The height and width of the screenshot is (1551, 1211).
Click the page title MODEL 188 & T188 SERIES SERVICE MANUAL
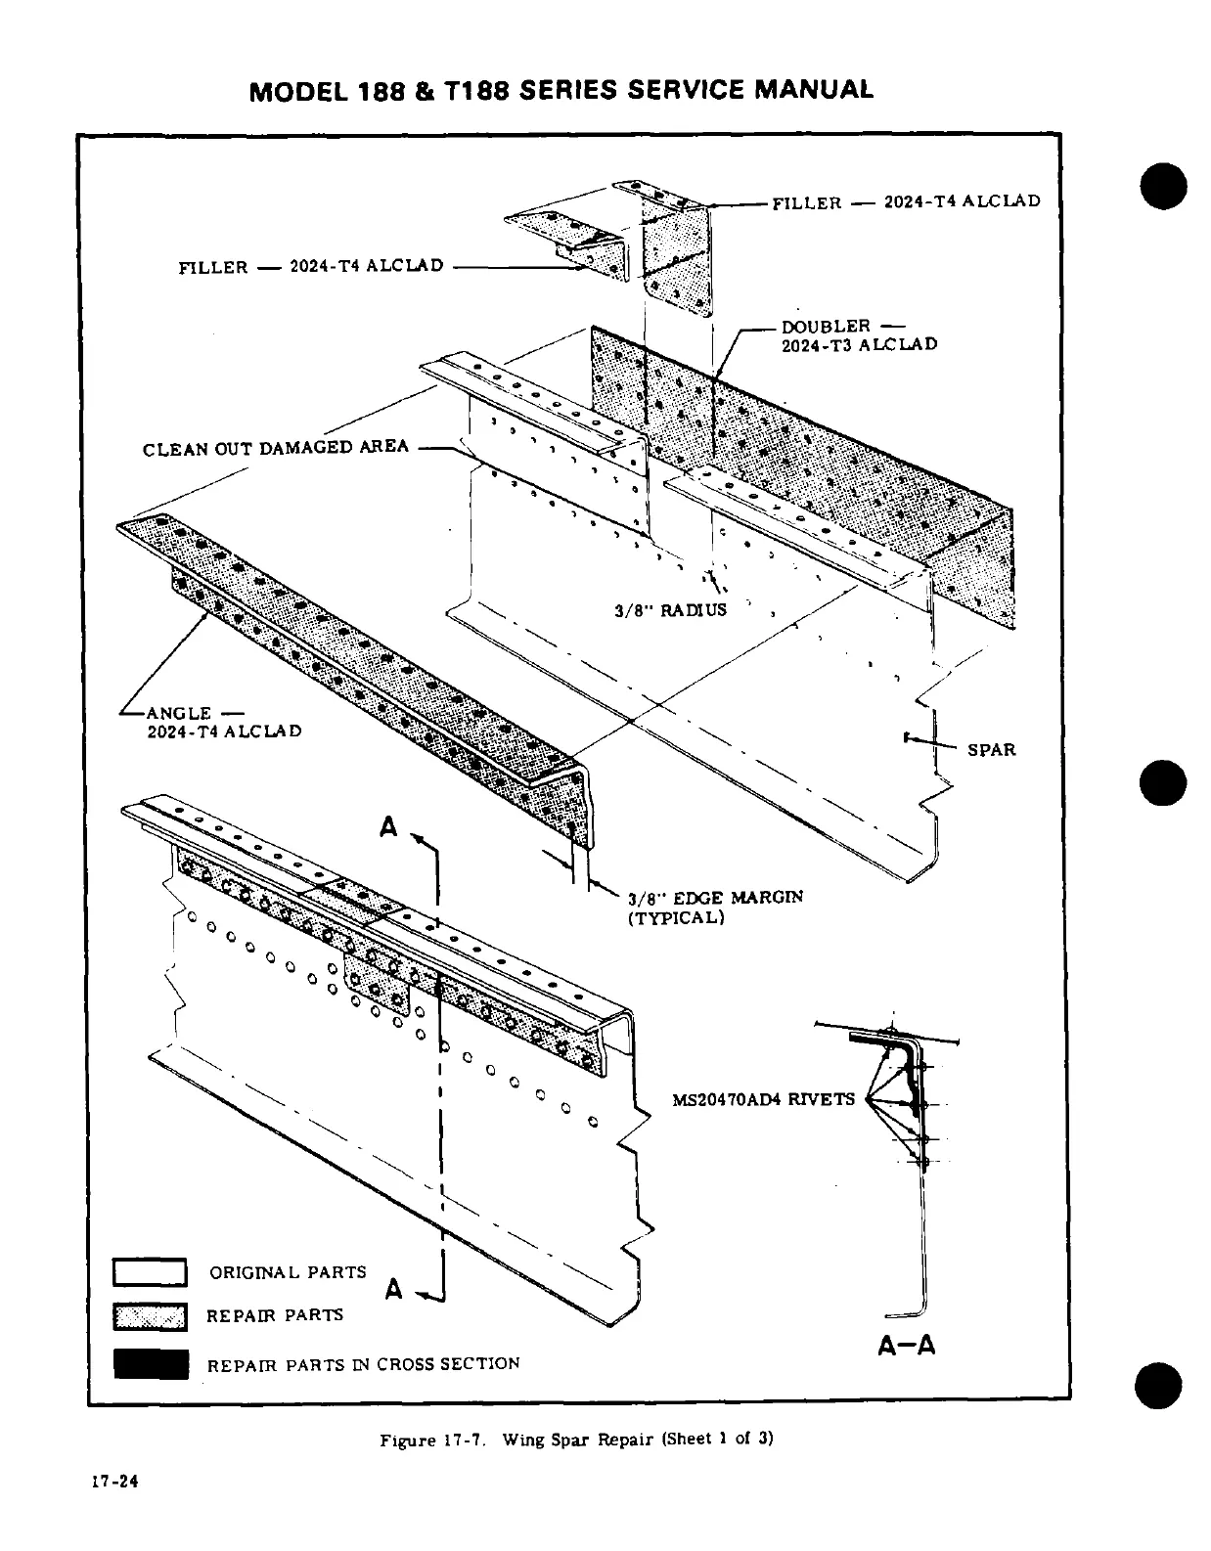561,90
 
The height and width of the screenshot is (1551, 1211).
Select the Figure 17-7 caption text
576,1440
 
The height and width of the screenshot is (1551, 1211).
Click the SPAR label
991,750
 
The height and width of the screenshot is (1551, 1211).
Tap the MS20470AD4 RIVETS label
763,1099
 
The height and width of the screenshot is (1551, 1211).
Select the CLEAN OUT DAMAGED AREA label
275,449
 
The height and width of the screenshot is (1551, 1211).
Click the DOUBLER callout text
858,335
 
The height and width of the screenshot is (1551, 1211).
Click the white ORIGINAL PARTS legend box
150,1272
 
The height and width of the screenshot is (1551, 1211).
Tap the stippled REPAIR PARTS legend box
150,1317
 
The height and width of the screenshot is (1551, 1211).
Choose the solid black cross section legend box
150,1363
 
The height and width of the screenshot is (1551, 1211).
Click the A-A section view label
906,1346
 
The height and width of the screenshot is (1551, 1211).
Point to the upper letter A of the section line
389,827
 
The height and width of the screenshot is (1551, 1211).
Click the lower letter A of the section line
393,1289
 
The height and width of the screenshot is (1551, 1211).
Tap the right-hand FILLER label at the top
906,202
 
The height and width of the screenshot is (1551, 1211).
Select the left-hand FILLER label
310,266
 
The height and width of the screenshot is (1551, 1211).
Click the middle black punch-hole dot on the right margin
1162,782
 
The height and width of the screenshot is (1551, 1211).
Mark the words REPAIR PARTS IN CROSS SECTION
363,1364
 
